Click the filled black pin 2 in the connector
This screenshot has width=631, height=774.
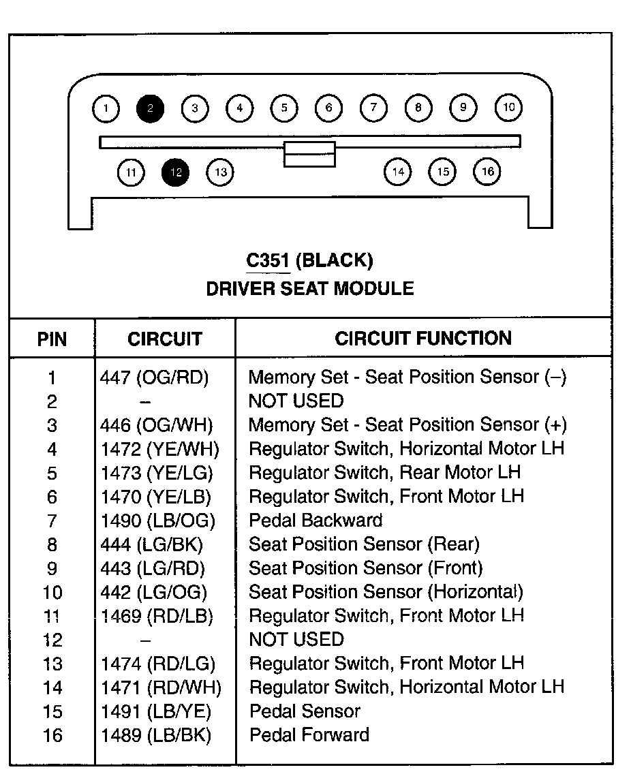click(x=150, y=108)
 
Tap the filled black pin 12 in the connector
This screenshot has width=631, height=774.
click(x=175, y=172)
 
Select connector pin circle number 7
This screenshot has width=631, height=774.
click(x=373, y=108)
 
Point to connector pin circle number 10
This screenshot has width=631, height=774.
click(x=508, y=108)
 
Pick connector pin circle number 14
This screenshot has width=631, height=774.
click(x=398, y=172)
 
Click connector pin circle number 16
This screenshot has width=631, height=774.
click(x=487, y=172)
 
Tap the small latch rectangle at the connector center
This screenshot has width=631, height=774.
click(x=309, y=154)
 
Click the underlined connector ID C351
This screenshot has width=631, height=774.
click(x=268, y=260)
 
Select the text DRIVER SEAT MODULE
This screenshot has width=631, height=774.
click(x=310, y=288)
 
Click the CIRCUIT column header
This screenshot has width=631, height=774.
click(x=165, y=339)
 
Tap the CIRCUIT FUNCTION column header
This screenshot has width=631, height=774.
click(x=423, y=338)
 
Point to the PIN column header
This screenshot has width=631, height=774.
click(x=52, y=339)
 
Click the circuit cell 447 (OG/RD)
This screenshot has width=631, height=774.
click(x=155, y=377)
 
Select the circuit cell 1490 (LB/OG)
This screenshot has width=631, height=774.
click(x=158, y=521)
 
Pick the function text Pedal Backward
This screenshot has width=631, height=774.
click(x=315, y=521)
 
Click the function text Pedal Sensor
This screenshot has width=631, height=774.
click(x=305, y=711)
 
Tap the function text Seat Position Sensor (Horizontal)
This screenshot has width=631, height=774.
click(x=386, y=592)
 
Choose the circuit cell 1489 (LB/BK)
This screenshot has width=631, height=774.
click(x=156, y=736)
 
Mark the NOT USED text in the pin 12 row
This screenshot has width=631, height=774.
click(x=296, y=640)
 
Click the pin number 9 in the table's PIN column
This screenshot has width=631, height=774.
click(x=52, y=569)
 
